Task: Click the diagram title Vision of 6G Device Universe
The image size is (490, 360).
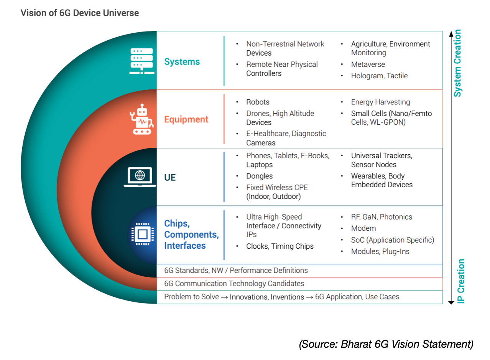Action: point(80,13)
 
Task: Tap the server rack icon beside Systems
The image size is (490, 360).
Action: point(142,61)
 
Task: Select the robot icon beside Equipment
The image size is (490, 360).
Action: point(142,119)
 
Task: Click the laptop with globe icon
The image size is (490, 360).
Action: point(140,177)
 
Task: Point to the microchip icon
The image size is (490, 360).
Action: point(143,234)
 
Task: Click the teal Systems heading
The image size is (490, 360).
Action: point(182,61)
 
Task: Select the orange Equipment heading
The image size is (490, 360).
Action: point(186,119)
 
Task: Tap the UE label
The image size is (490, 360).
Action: point(170,177)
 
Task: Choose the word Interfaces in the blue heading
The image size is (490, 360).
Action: point(185,246)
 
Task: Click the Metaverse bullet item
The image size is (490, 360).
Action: point(368,64)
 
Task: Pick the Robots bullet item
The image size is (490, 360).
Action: point(258,102)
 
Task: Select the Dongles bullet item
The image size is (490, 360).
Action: point(260,176)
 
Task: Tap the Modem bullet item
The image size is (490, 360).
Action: point(363,228)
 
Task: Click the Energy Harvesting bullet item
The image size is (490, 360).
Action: point(381,102)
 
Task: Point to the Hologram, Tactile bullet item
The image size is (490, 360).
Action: point(379,76)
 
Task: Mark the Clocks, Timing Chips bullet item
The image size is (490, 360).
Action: point(280,246)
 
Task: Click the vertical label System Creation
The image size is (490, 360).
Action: point(457,63)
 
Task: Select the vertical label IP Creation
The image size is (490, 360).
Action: point(461,281)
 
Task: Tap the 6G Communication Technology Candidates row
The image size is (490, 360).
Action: point(234,284)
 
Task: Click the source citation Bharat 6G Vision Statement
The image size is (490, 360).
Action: point(386,344)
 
